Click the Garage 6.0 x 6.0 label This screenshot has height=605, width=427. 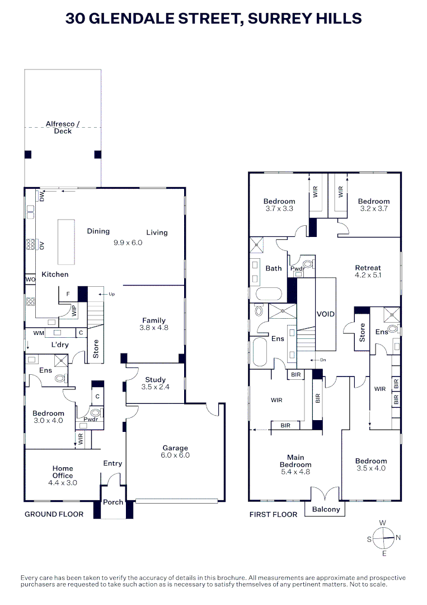coord(176,452)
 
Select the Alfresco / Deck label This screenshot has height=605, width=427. coord(63,127)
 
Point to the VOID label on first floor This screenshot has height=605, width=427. coord(325,314)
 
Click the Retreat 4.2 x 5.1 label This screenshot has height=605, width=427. coord(368,272)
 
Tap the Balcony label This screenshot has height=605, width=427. coord(326,509)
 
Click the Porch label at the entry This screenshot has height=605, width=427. coord(113,502)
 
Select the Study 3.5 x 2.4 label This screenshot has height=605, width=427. coord(155,383)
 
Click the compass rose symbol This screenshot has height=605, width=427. coord(383,538)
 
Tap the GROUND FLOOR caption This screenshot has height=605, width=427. coord(54,514)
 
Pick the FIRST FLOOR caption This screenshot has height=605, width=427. coord(273,514)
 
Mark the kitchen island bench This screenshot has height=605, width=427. coord(67,242)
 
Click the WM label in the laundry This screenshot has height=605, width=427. coord(38,333)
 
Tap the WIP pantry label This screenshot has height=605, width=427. coord(74,310)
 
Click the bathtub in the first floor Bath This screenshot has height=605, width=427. coord(270,295)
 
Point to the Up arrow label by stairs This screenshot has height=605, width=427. coord(111,294)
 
